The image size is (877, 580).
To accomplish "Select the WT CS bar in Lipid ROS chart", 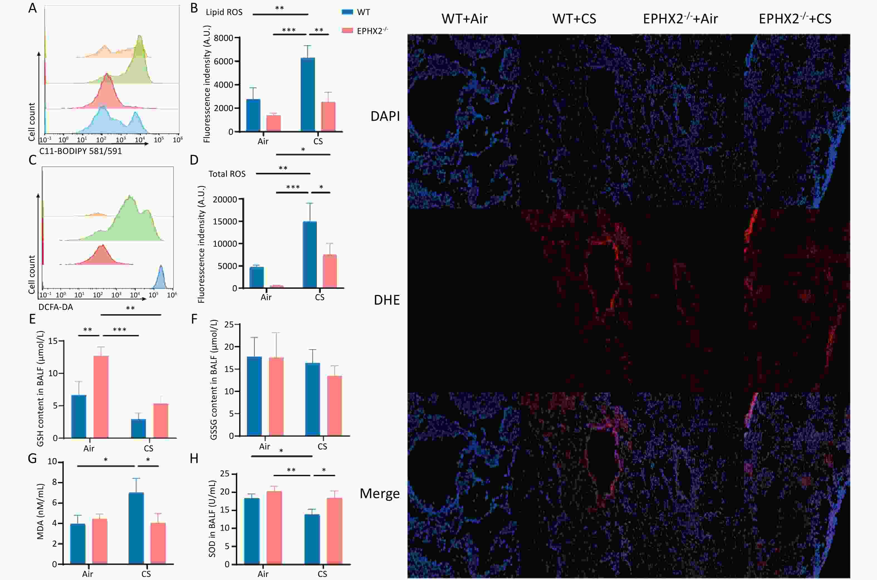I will point(308,94).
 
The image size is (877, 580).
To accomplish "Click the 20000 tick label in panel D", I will point(224,200).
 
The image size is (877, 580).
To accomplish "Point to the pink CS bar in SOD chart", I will point(334,531).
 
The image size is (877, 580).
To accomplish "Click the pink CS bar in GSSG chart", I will point(334,405).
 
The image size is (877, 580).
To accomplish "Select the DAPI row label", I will point(385,116).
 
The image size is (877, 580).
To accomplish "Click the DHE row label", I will point(386,300).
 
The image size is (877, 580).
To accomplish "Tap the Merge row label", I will point(379,493).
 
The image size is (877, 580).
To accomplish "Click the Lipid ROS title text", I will point(224,12).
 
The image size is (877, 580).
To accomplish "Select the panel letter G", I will point(33,459).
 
